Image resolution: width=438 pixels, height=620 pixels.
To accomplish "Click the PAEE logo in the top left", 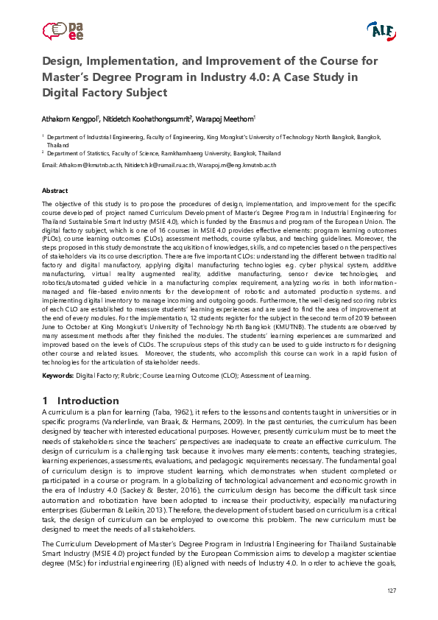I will coord(63,31).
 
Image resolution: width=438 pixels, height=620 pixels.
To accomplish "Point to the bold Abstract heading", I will coord(55,191).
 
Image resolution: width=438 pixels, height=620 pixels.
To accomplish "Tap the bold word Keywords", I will coord(57,376).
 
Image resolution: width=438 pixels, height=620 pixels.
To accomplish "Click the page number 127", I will coord(391,593).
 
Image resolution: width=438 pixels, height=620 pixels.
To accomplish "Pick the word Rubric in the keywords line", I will coord(130,376).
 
